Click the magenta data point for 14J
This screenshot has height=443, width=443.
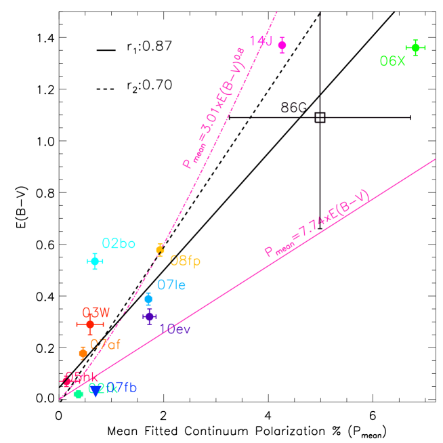(x=282, y=45)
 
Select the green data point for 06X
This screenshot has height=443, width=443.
(x=415, y=47)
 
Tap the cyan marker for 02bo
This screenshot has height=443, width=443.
(x=95, y=261)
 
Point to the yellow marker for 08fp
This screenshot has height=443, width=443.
(x=160, y=250)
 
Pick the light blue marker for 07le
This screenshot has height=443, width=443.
(x=148, y=299)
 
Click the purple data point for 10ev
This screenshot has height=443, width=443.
(x=150, y=316)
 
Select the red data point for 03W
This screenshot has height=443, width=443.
(x=90, y=324)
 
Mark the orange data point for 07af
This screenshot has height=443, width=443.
(x=83, y=353)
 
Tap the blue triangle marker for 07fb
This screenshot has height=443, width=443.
(x=96, y=392)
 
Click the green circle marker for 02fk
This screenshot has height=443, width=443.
(x=79, y=394)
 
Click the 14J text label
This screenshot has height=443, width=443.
(x=261, y=41)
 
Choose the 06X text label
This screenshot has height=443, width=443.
(x=392, y=62)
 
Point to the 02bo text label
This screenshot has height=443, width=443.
(x=119, y=244)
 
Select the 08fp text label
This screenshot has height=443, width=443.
(x=185, y=261)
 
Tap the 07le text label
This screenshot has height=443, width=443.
(x=171, y=285)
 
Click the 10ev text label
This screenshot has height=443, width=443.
(x=175, y=329)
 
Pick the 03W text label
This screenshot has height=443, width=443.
(x=96, y=312)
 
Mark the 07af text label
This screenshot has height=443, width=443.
(x=106, y=344)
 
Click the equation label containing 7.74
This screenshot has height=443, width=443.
(x=317, y=224)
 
